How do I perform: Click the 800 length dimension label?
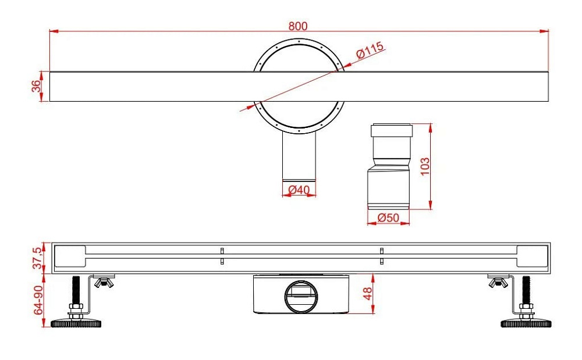pos(298,26)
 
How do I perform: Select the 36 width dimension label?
pos(36,86)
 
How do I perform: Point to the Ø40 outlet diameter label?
pos(299,190)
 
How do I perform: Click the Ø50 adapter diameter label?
pos(388,218)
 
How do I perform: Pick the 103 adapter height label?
pos(425,166)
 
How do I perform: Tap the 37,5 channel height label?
pos(38,258)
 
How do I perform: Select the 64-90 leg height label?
pos(38,300)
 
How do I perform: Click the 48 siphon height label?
pos(367,294)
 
